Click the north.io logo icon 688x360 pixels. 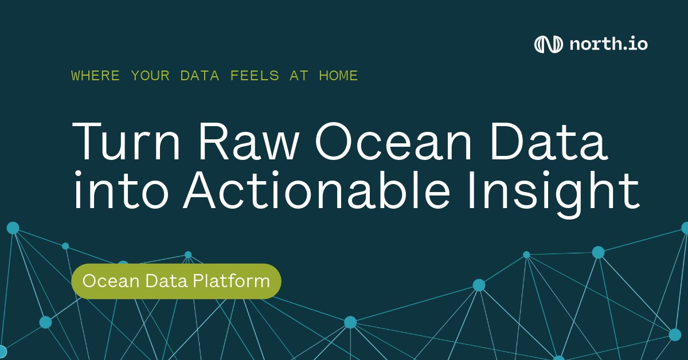point(548,44)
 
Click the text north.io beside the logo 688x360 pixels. point(608,44)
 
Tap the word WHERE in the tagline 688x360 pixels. point(96,76)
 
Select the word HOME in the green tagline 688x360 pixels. point(338,76)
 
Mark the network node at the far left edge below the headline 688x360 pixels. point(13,228)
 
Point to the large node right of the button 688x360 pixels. point(479,285)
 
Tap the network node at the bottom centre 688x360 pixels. point(350,323)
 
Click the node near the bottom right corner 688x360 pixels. point(675,334)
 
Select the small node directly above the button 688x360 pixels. point(188,255)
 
